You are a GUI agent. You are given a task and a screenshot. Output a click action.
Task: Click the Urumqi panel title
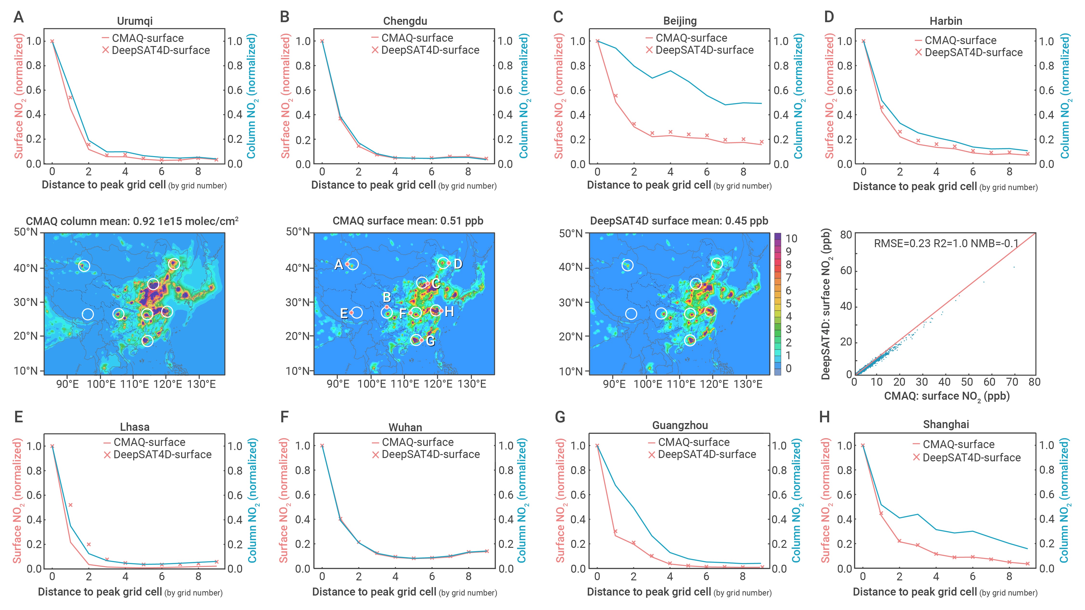[135, 21]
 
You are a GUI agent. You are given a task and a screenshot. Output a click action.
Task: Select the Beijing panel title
[680, 21]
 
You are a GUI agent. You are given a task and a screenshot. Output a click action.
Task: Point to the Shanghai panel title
[946, 424]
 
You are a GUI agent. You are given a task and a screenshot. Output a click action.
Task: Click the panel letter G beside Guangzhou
[560, 417]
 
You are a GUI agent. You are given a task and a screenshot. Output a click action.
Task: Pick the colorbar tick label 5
[789, 303]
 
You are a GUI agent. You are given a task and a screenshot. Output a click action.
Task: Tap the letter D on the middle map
[458, 264]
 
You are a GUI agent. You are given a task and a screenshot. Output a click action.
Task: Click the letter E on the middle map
[344, 313]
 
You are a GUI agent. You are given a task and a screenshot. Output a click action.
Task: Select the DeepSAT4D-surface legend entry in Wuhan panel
[426, 454]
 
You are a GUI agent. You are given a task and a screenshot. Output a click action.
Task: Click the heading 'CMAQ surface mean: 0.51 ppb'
[408, 221]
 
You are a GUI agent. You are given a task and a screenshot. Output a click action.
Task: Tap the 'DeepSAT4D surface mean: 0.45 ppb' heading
[679, 221]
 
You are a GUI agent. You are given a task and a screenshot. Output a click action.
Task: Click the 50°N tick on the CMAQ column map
[26, 232]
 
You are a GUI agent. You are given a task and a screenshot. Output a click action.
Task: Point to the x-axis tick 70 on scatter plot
[1012, 382]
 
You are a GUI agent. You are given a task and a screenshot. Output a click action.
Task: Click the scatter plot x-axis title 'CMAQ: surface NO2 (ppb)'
[947, 396]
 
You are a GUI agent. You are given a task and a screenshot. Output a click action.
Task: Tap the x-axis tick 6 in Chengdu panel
[431, 172]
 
